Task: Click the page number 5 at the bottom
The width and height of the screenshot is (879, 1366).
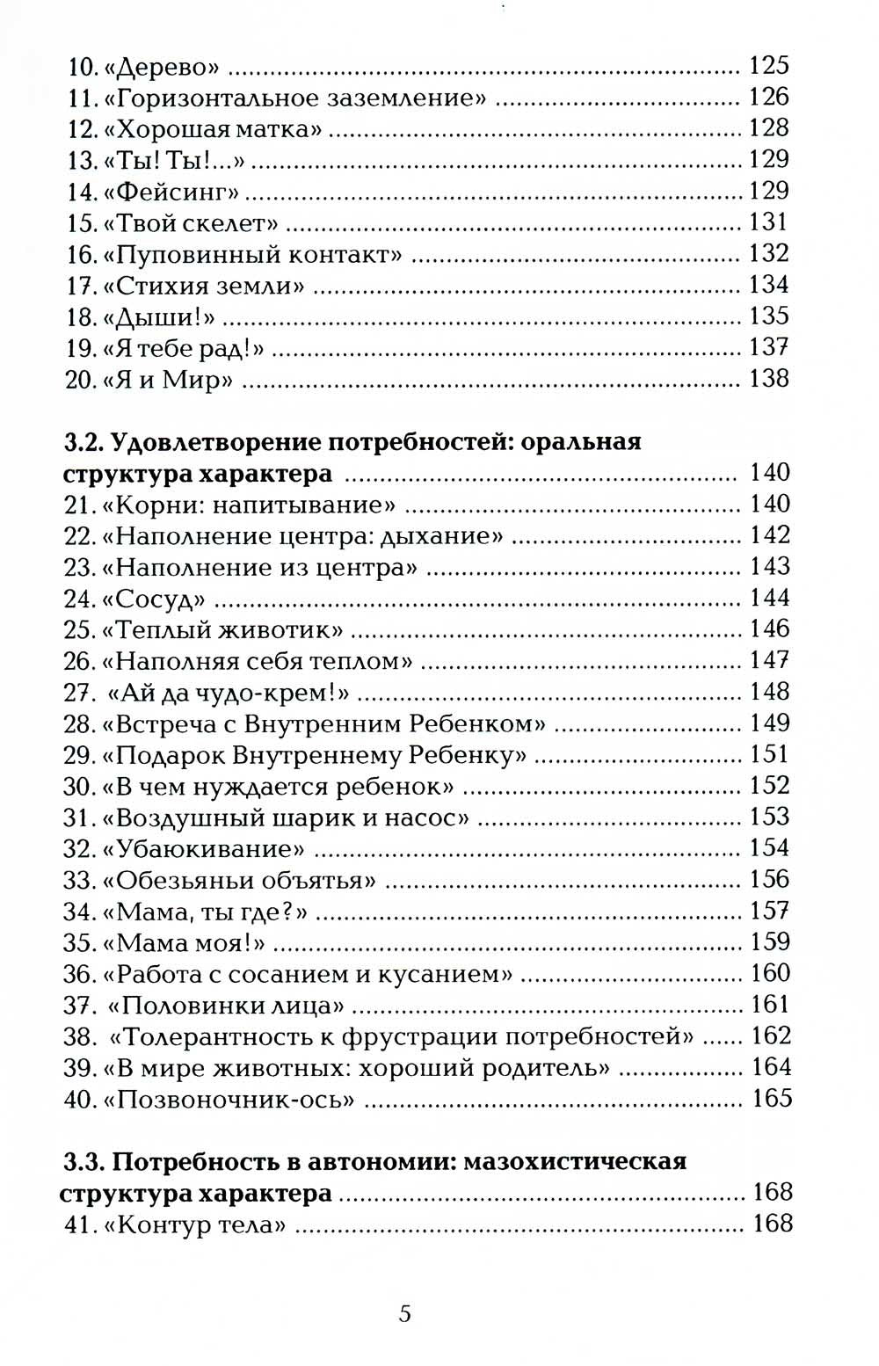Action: [405, 1313]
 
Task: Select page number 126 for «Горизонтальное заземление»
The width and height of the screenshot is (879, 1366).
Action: [769, 97]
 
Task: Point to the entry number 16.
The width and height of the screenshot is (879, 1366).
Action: [81, 254]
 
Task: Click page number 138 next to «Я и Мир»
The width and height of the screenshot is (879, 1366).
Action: [769, 379]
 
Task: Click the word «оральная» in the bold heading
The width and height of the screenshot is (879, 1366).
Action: [581, 441]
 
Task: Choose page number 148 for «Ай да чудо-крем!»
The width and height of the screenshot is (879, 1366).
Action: [770, 692]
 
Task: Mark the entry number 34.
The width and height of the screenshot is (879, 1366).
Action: [79, 912]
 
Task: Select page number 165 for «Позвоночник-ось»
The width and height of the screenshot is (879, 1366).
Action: [772, 1099]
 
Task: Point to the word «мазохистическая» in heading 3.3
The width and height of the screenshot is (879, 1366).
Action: [574, 1161]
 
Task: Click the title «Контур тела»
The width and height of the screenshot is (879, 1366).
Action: [200, 1224]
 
